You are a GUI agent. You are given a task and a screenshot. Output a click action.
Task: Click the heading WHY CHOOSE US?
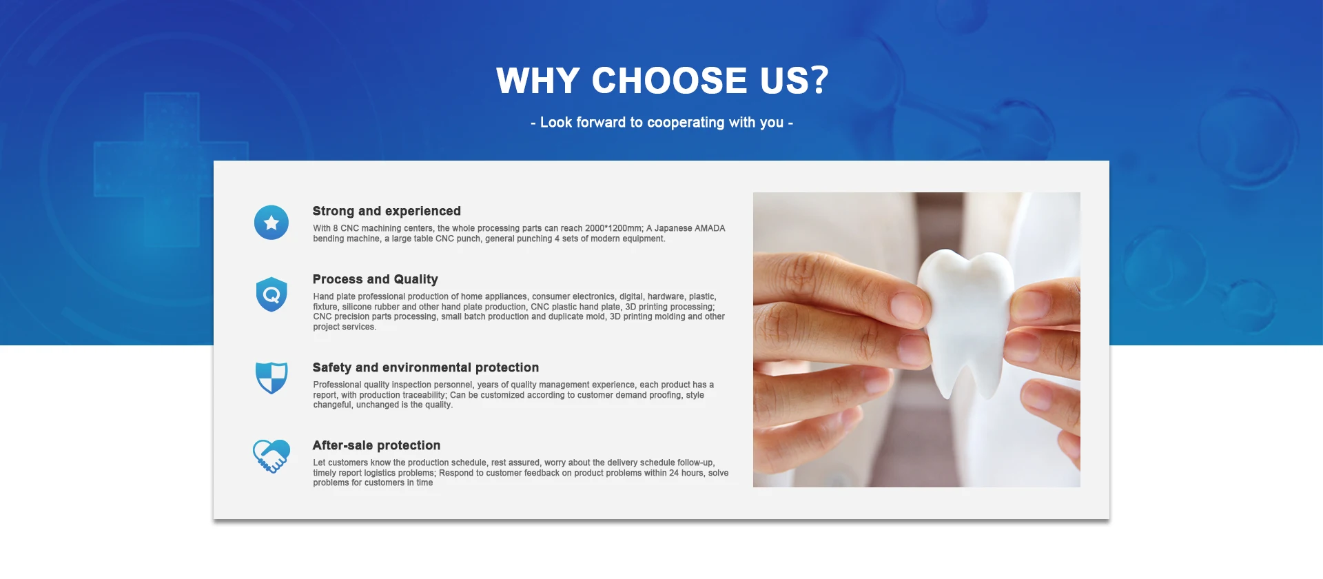(x=662, y=81)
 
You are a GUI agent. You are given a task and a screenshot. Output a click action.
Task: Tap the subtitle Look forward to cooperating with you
(x=662, y=123)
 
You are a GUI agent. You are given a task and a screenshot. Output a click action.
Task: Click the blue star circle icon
(x=271, y=223)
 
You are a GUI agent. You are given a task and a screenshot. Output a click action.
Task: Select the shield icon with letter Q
(x=271, y=294)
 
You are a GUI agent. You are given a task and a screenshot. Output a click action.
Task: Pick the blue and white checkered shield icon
(x=271, y=378)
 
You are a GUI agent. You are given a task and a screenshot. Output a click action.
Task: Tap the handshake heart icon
(x=271, y=456)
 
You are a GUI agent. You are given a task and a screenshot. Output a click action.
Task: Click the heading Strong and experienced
(x=387, y=211)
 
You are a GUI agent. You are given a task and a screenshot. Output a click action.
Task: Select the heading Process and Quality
(x=376, y=279)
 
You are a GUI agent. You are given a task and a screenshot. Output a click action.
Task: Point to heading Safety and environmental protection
(x=426, y=367)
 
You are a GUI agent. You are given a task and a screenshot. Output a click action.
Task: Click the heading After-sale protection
(x=376, y=445)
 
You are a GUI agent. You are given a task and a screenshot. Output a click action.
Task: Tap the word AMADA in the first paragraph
(x=710, y=228)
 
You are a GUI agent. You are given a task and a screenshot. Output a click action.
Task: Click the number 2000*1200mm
(x=613, y=228)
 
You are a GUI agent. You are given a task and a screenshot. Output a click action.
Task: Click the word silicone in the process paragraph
(x=357, y=307)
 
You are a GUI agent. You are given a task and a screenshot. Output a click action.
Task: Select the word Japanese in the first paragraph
(x=673, y=228)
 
